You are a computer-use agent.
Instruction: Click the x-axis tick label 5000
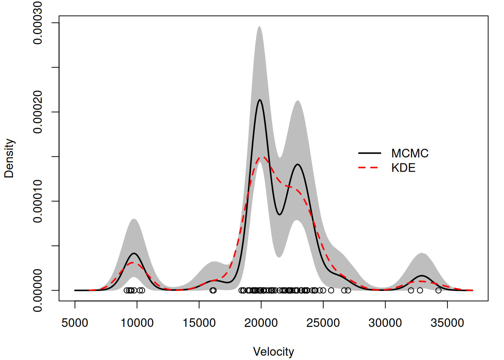point(75,323)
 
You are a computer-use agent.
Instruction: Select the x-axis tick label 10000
point(137,323)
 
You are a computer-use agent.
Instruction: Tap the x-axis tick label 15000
point(199,323)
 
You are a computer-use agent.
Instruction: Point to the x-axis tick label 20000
point(261,323)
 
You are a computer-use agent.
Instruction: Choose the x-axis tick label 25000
point(323,323)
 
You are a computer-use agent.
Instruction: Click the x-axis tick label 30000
point(385,323)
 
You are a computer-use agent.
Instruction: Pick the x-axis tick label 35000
point(447,323)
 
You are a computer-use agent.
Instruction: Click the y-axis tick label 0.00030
point(37,23)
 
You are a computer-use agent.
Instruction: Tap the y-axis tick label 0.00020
point(37,112)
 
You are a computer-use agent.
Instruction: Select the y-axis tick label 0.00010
point(37,201)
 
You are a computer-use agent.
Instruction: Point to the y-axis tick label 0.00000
point(37,290)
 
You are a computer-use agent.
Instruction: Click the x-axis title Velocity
point(273,352)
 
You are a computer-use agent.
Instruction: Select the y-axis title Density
point(9,158)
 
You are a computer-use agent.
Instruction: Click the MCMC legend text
point(409,153)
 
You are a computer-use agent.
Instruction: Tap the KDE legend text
point(403,168)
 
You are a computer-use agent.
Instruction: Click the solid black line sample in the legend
point(369,153)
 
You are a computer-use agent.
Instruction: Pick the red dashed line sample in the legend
point(369,168)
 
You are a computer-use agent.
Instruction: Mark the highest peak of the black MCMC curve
point(259,100)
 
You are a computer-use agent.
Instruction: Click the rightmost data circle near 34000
point(438,290)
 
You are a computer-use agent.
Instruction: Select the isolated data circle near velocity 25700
point(331,290)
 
